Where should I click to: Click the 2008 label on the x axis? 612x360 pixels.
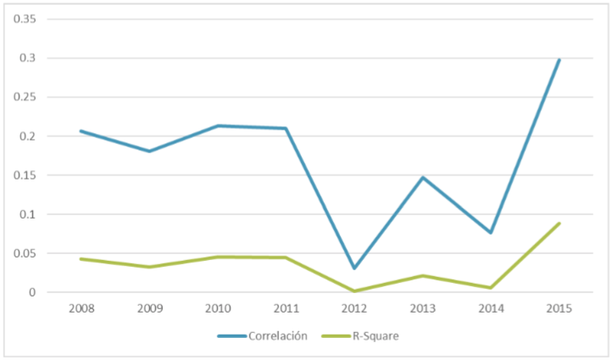pyautogui.click(x=81, y=308)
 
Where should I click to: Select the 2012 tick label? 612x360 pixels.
pyautogui.click(x=354, y=308)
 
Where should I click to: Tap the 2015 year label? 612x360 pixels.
pyautogui.click(x=559, y=308)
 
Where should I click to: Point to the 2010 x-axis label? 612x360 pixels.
pyautogui.click(x=218, y=308)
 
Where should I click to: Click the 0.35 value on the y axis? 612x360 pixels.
pyautogui.click(x=27, y=19)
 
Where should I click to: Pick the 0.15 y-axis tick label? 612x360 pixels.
pyautogui.click(x=27, y=175)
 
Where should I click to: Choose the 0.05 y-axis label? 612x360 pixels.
pyautogui.click(x=27, y=253)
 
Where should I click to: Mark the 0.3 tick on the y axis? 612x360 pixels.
pyautogui.click(x=31, y=58)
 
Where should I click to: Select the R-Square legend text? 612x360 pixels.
pyautogui.click(x=376, y=335)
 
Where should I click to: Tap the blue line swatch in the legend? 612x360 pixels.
pyautogui.click(x=231, y=335)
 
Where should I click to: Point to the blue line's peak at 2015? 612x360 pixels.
pyautogui.click(x=559, y=60)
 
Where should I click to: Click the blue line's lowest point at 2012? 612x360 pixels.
pyautogui.click(x=354, y=268)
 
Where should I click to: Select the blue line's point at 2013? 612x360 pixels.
pyautogui.click(x=423, y=178)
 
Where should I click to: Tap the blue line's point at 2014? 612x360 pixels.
pyautogui.click(x=491, y=232)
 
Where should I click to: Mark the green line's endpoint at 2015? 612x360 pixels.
pyautogui.click(x=559, y=224)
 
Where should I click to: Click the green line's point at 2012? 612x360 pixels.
pyautogui.click(x=354, y=291)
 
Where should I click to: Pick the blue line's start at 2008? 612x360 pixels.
pyautogui.click(x=81, y=131)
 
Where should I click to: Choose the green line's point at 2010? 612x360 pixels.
pyautogui.click(x=218, y=257)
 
